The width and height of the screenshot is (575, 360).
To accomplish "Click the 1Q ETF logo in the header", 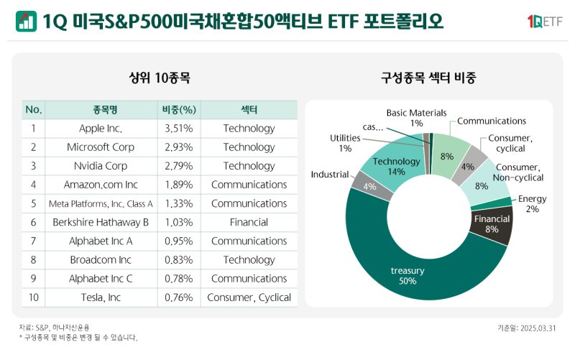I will coord(544,22).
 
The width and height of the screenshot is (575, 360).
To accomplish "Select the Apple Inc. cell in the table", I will coord(101,129).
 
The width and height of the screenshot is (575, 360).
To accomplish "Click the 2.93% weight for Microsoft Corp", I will coord(179,147).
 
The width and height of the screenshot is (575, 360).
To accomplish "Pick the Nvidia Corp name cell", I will coord(101,166).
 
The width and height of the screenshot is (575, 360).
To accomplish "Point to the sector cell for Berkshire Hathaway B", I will coord(249,222).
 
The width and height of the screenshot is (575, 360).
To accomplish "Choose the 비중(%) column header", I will coord(179,110).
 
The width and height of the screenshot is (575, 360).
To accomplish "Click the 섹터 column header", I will coord(249,110).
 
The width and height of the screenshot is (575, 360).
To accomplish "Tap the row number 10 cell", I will coord(33,297).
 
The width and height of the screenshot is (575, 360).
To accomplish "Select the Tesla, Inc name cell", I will coord(101,297).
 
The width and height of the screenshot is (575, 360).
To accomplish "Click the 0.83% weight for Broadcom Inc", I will coord(179,259).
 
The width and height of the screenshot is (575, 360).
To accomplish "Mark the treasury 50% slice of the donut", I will coord(408,275).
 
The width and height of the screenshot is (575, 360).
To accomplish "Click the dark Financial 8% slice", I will coord(492,224).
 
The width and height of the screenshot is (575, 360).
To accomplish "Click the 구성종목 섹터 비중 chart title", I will coord(428,77).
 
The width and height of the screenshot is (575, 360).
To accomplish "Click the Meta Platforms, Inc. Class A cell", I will coord(101,203).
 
